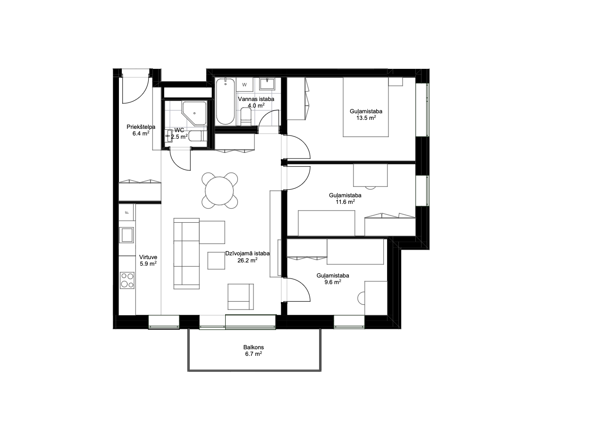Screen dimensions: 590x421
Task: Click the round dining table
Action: point(219,191)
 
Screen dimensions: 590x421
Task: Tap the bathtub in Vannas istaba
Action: point(225,101)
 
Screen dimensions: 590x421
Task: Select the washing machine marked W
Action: point(244,84)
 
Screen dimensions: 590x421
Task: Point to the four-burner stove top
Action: point(127,280)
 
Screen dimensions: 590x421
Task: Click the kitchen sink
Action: point(126,235)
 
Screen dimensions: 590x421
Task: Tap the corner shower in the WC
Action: point(194,113)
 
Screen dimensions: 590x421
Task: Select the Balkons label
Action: point(253,347)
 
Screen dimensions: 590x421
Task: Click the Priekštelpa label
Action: point(141,127)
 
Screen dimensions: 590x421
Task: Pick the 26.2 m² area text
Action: point(247,260)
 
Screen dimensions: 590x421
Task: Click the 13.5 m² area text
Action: point(366,118)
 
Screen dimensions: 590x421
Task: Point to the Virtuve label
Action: point(148,257)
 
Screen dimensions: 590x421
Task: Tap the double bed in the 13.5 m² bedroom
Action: point(366,107)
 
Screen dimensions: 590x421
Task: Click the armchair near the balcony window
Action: point(241,297)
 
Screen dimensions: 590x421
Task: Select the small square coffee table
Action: point(216,261)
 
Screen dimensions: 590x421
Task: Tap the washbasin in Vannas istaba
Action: point(267,84)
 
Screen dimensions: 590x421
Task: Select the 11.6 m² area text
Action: point(345,202)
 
